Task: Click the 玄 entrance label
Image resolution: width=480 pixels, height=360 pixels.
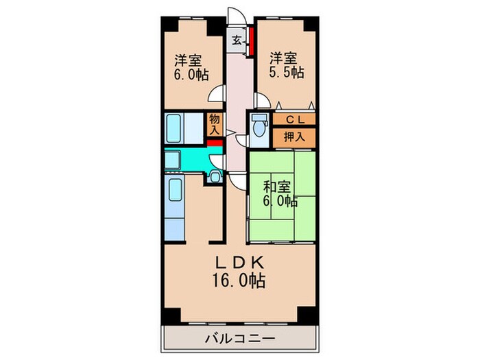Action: click(x=236, y=40)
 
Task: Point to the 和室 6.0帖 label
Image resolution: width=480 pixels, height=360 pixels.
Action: click(x=279, y=193)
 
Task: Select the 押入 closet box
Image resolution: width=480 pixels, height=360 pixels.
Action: click(x=295, y=136)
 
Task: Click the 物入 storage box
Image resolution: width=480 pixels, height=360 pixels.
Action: click(x=215, y=124)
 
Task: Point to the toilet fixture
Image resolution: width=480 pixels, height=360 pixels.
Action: click(x=259, y=128)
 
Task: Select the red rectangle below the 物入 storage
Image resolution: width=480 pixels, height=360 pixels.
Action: click(x=215, y=143)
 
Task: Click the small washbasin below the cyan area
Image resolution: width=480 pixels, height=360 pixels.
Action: click(x=214, y=178)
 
